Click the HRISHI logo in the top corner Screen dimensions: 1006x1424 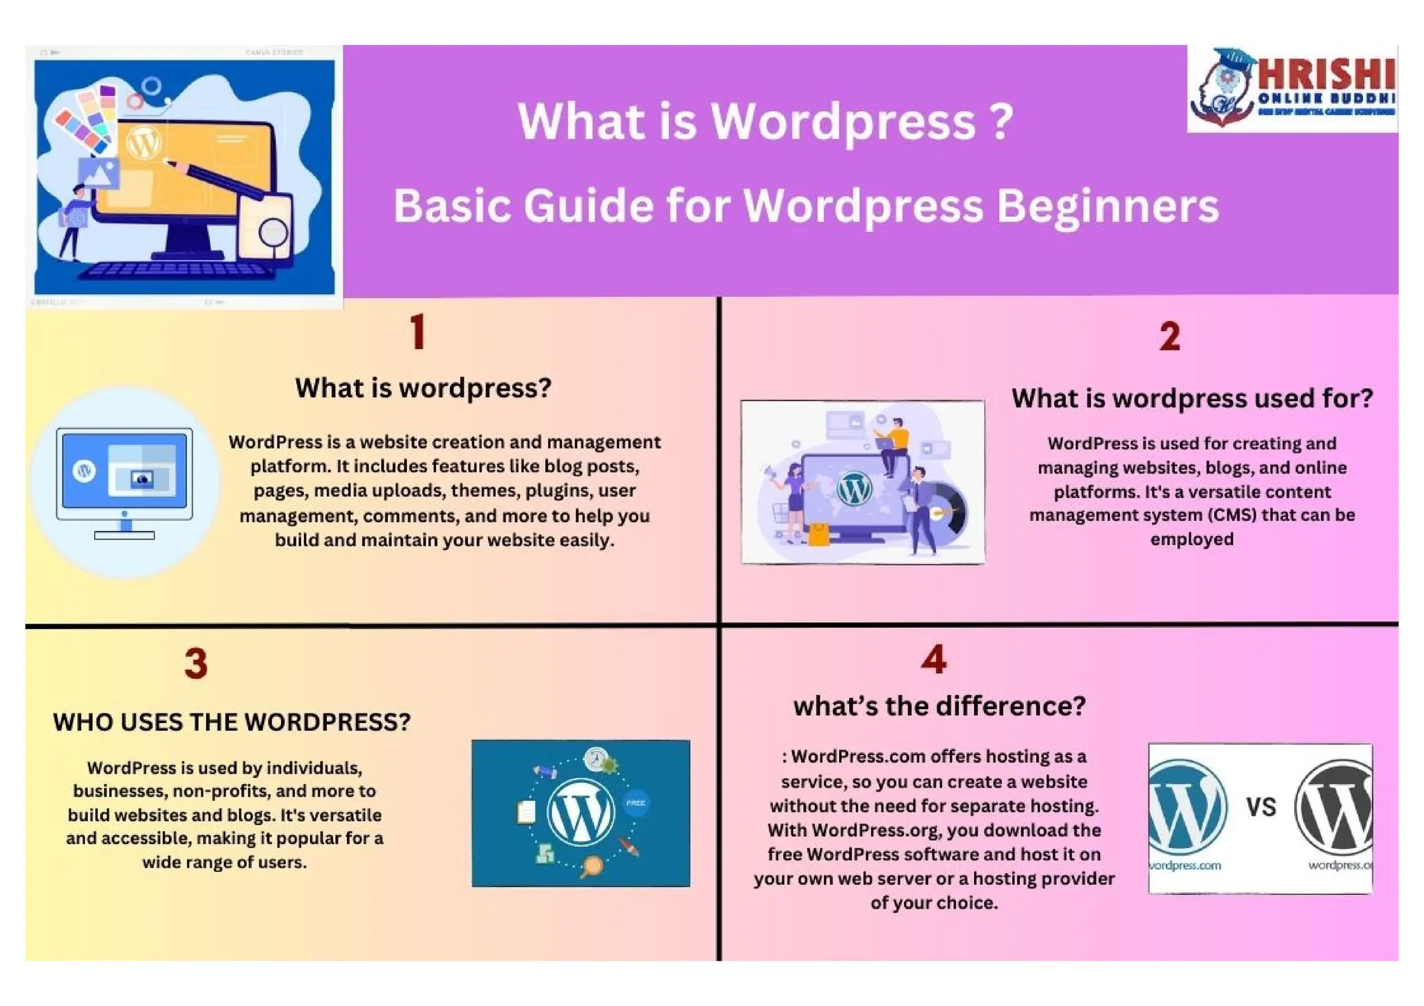pos(1292,89)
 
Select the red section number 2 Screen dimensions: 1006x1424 pos(1170,337)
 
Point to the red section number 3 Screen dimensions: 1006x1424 pos(196,663)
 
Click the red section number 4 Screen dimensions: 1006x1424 pos(933,659)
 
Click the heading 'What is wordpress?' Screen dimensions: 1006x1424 pos(423,388)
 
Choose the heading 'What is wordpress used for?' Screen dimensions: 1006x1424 pos(1192,398)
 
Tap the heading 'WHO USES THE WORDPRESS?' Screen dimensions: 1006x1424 pos(232,722)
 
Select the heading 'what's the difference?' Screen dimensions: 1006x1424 pos(939,706)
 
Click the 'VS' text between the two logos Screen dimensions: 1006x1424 pos(1261,807)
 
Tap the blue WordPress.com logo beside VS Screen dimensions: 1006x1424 pos(1186,806)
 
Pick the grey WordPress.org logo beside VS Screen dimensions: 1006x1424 pos(1335,806)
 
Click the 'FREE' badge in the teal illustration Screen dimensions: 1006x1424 pos(636,803)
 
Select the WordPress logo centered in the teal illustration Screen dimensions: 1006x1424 pos(581,812)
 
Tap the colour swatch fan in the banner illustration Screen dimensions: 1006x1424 pos(87,118)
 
